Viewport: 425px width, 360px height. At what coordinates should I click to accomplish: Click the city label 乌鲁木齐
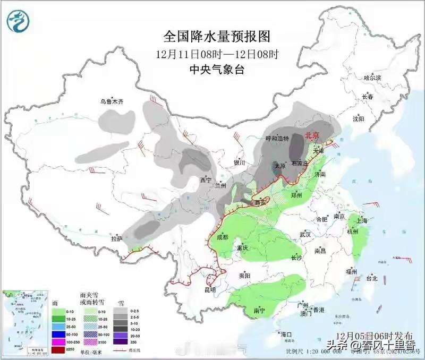pyautogui.click(x=112, y=101)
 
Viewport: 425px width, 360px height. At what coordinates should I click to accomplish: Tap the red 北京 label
pyautogui.click(x=311, y=135)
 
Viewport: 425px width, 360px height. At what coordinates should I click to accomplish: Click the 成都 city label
pyautogui.click(x=221, y=237)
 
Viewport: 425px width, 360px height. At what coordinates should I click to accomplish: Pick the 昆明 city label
pyautogui.click(x=209, y=289)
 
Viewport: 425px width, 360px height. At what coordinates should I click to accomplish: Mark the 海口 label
pyautogui.click(x=287, y=334)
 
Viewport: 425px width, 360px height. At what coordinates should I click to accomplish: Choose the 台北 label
pyautogui.click(x=371, y=278)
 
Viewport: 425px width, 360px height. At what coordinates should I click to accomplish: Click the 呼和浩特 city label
pyautogui.click(x=277, y=139)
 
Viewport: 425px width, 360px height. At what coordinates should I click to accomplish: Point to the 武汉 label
pyautogui.click(x=304, y=234)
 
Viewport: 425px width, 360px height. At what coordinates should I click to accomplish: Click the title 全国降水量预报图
pyautogui.click(x=217, y=36)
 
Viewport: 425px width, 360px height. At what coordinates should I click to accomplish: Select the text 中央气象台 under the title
pyautogui.click(x=217, y=68)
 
